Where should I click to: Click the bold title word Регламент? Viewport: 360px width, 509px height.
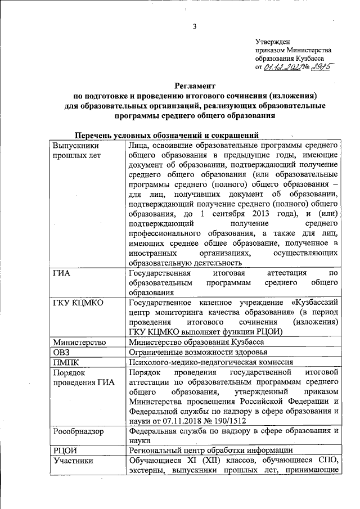195,86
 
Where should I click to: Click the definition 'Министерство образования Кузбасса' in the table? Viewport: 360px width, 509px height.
196,342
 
